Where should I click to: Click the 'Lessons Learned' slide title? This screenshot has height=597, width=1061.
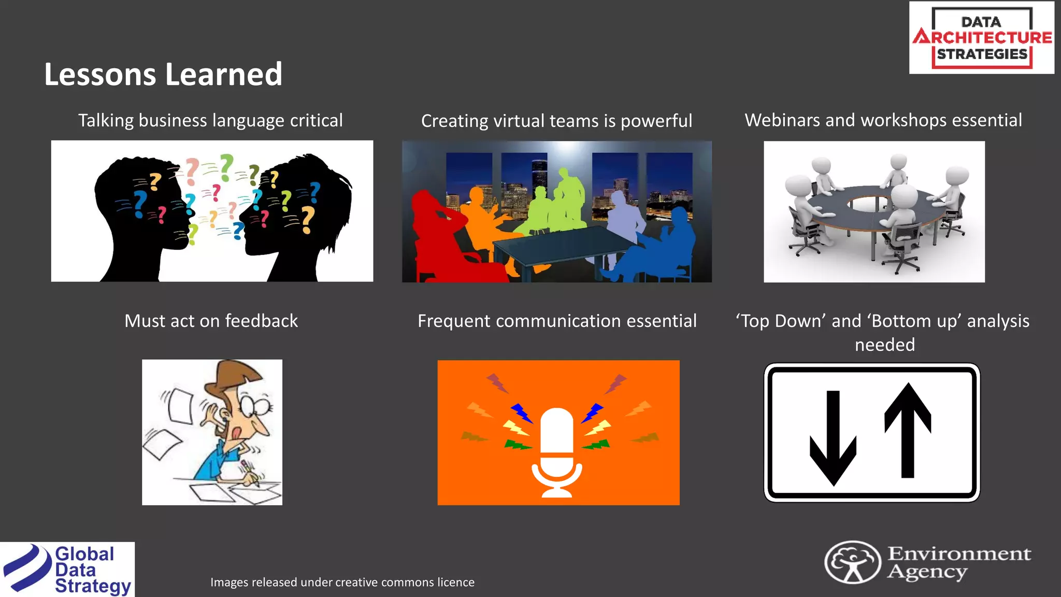click(163, 74)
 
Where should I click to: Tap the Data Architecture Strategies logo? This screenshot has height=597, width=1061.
click(981, 38)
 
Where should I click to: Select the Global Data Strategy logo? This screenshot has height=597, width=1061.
click(67, 570)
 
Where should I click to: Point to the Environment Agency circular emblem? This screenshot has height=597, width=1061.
click(852, 562)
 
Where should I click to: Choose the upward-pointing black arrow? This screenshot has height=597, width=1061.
click(908, 430)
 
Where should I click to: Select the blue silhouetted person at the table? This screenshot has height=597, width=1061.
click(663, 249)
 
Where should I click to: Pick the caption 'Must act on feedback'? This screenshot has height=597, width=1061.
click(211, 321)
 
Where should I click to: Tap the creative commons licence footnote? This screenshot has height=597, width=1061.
click(342, 582)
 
